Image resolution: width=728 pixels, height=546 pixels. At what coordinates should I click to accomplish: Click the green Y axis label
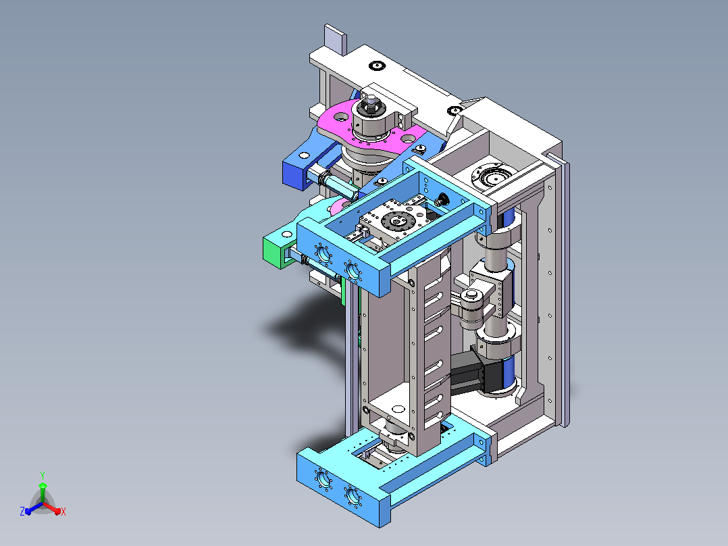[43, 475]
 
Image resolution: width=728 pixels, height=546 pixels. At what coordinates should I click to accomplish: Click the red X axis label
[63, 512]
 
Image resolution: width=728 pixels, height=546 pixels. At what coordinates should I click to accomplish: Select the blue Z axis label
[22, 511]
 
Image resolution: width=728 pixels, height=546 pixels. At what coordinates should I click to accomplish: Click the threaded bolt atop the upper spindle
[371, 102]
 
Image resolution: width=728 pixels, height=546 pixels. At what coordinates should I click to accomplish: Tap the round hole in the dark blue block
[304, 155]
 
